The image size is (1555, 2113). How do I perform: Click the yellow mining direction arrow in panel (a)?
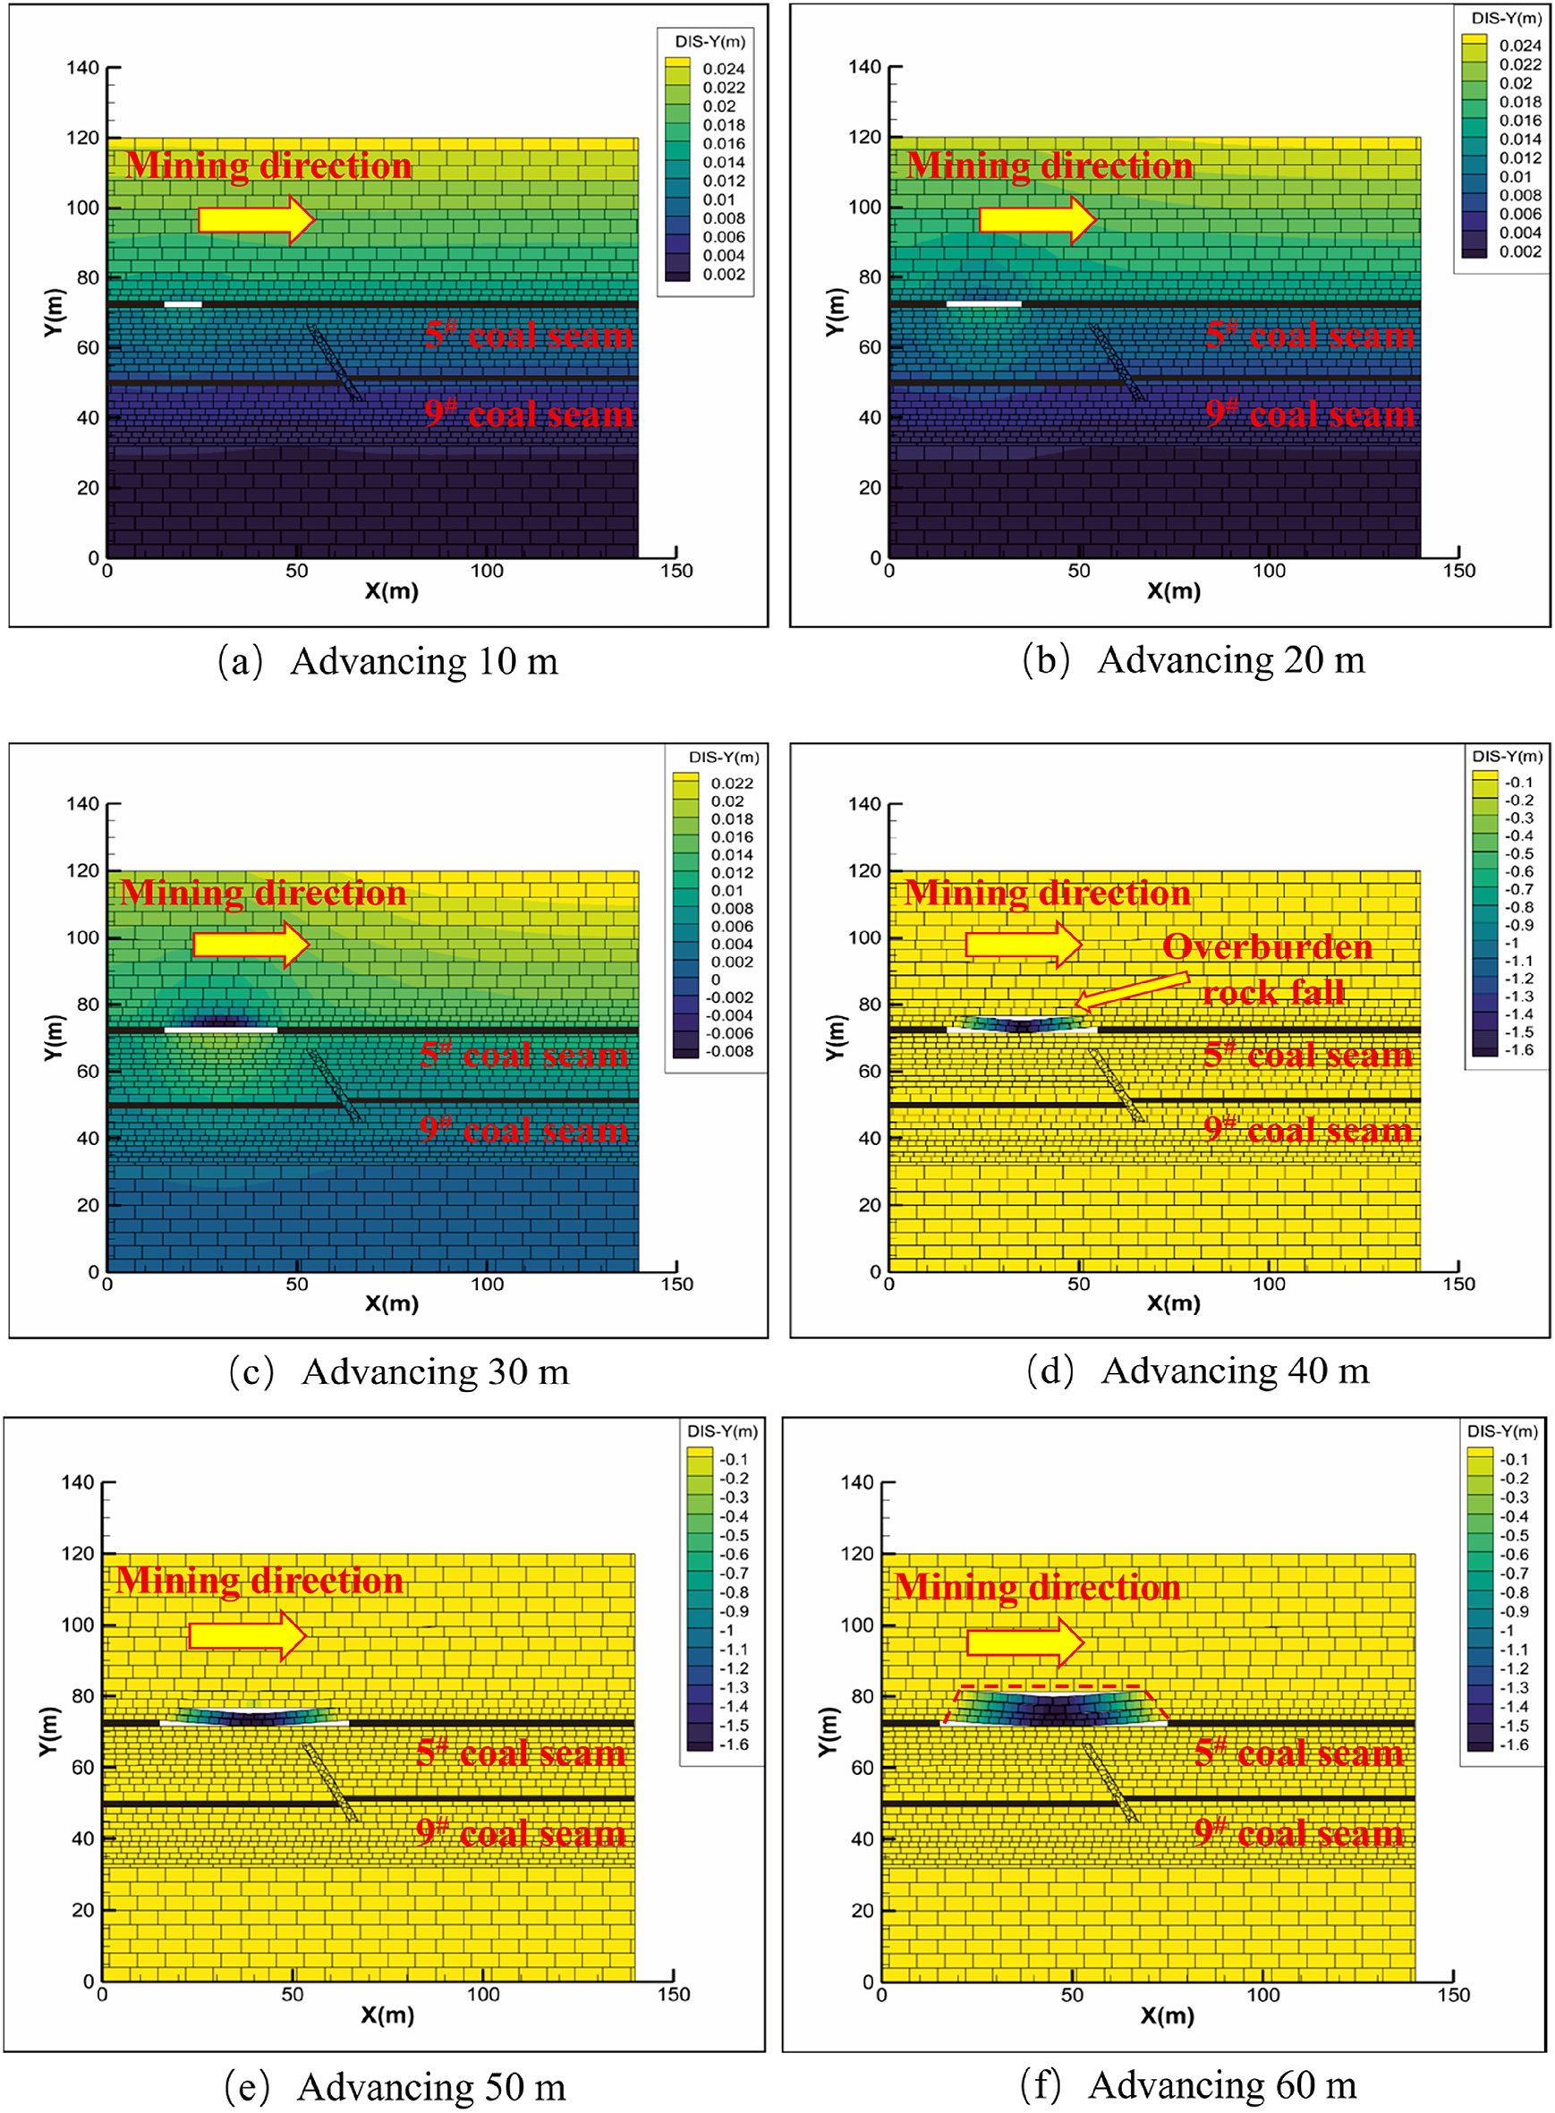256,220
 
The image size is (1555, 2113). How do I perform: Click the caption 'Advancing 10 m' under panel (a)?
388,662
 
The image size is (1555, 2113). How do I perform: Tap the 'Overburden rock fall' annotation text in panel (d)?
1269,970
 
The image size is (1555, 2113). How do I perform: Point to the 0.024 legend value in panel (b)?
1520,46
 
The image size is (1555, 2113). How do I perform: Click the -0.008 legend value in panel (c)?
731,1051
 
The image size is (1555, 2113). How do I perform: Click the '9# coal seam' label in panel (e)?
522,1832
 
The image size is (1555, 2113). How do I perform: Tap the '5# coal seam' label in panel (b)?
1310,335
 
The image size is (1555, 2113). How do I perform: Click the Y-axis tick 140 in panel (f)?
856,1482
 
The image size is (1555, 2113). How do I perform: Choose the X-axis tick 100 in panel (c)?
487,1284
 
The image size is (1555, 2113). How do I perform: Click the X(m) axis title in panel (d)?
1173,1303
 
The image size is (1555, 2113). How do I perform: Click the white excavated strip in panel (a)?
183,304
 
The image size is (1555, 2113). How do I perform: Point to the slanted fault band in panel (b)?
1117,362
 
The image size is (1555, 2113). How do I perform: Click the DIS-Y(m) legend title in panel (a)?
710,41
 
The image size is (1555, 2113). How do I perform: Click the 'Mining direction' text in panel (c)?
264,892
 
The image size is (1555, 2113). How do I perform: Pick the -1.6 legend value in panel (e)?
734,1744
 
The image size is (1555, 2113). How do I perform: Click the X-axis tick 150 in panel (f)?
1452,1994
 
